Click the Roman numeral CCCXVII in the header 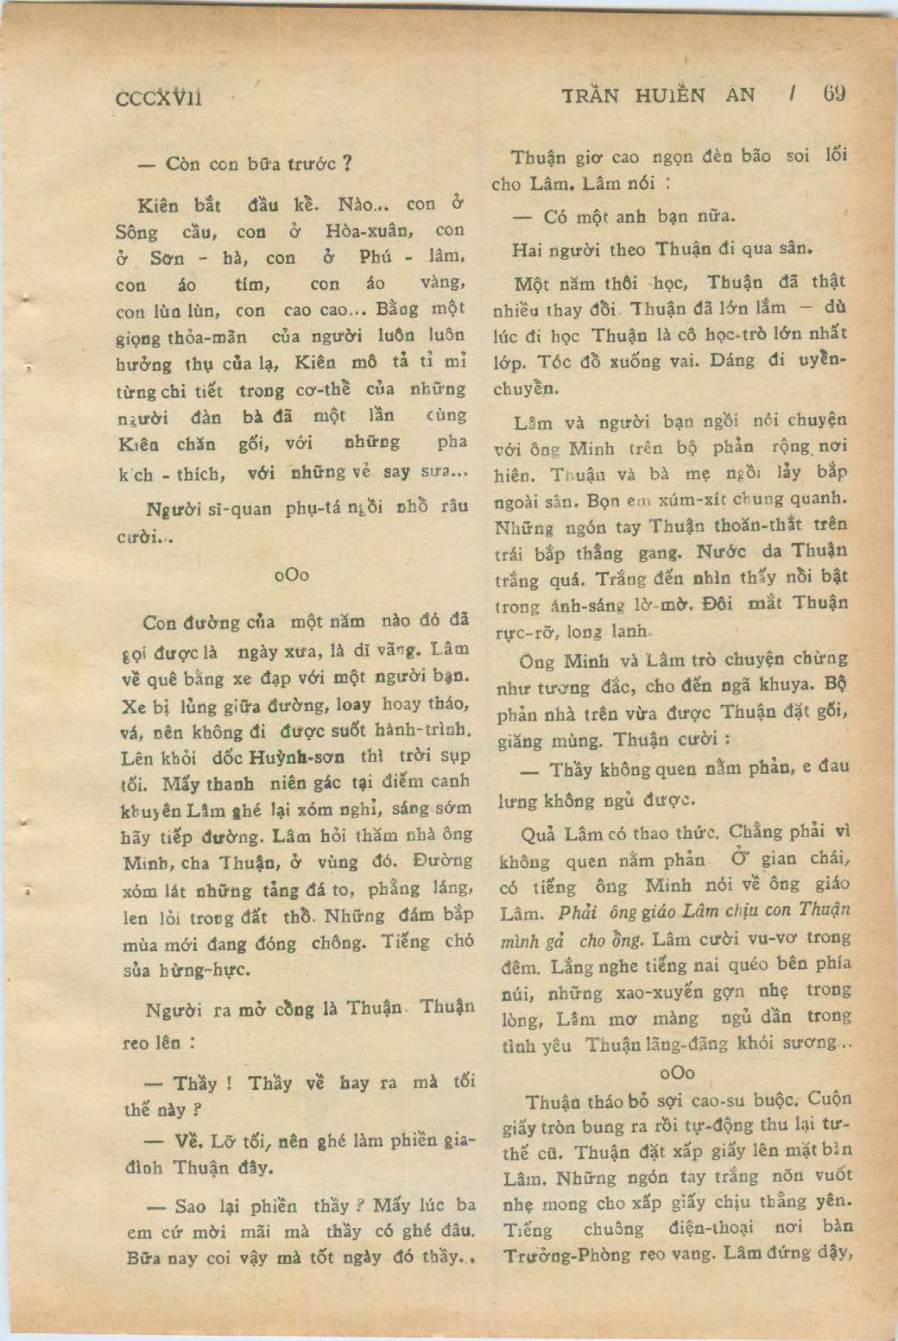click(x=159, y=98)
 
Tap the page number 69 click(x=833, y=93)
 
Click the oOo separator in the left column click(x=291, y=575)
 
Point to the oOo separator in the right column click(x=676, y=1072)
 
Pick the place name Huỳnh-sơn click(x=297, y=758)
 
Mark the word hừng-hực click(x=205, y=970)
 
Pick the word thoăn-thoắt click(x=759, y=525)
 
